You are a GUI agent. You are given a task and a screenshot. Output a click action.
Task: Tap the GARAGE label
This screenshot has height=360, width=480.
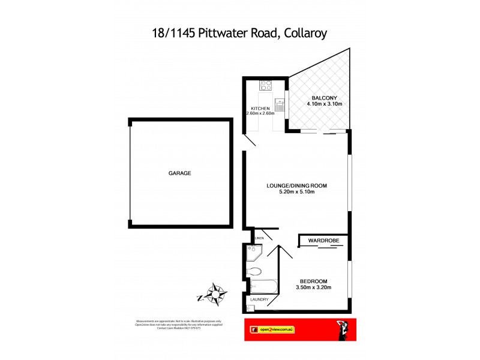[x=179, y=173]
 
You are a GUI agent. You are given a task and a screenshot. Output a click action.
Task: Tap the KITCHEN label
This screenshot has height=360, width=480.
[x=260, y=108]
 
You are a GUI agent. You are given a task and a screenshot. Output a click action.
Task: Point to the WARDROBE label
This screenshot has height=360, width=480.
[x=324, y=241]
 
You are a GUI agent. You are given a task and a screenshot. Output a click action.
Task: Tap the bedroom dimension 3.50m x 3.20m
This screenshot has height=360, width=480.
[x=313, y=288]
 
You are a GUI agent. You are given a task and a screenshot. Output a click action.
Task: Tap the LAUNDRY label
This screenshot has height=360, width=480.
[x=259, y=299]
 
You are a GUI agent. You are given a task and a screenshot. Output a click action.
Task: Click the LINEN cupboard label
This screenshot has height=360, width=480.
[x=259, y=238]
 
